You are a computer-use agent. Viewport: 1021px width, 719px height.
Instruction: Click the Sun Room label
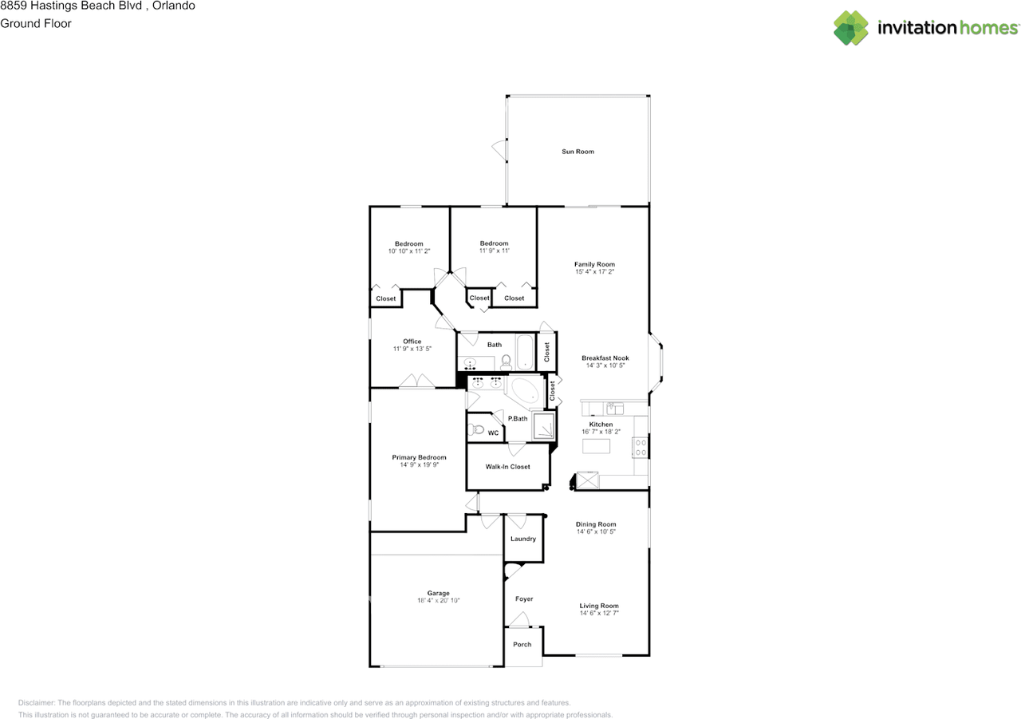[578, 152]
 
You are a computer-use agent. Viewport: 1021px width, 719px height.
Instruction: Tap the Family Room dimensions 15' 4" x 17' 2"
[594, 272]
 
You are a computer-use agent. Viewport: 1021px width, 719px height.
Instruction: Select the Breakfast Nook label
[605, 358]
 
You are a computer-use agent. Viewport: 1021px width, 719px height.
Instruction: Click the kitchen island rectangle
[596, 447]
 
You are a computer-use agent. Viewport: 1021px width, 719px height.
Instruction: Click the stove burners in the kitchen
[640, 447]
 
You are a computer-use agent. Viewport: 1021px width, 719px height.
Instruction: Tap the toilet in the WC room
[477, 429]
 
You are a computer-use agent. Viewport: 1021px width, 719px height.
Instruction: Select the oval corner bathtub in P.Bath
[526, 392]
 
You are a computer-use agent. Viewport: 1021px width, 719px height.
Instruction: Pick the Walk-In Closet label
[507, 467]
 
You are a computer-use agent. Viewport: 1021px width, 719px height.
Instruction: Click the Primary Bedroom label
[419, 457]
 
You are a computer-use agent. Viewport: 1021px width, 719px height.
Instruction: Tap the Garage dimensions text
[438, 601]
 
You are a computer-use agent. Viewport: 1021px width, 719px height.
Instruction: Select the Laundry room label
[523, 539]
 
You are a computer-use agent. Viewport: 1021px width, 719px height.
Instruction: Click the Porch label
[522, 645]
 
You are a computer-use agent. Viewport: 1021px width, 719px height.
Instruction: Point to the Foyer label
[523, 599]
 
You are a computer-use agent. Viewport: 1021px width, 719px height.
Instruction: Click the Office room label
[412, 342]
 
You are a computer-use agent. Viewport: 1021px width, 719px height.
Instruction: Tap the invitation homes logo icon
[851, 28]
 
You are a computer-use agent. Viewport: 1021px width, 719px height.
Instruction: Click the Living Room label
[598, 606]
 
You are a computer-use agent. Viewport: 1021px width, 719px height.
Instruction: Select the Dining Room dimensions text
[596, 531]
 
